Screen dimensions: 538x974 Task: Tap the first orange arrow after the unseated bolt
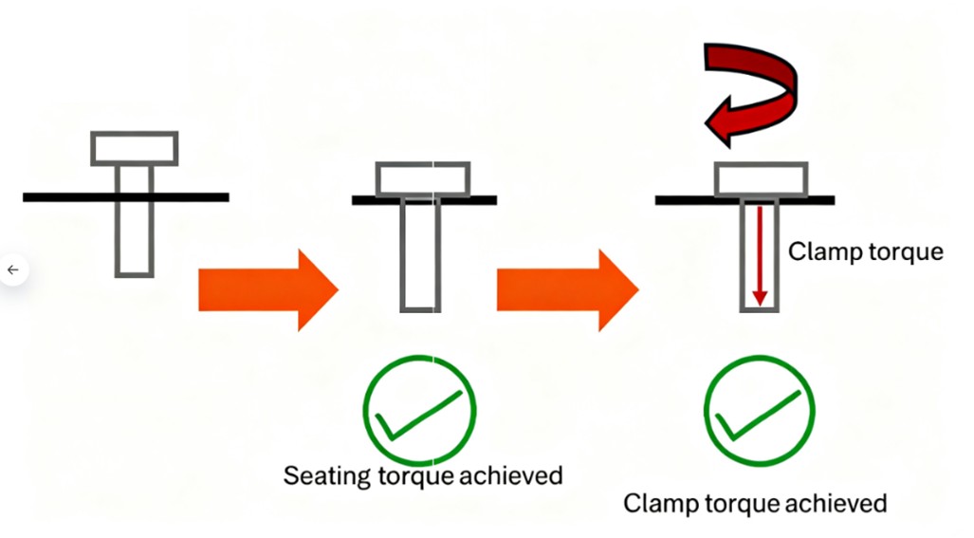point(266,289)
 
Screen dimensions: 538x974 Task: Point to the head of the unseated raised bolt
point(134,148)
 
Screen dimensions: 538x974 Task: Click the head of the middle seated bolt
point(419,178)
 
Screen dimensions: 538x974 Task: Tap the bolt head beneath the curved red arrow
point(760,179)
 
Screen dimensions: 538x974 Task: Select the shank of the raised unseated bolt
point(134,232)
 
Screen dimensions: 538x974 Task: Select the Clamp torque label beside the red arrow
point(866,251)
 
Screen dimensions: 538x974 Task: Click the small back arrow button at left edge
point(12,269)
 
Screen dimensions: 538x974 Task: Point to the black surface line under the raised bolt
point(57,197)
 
